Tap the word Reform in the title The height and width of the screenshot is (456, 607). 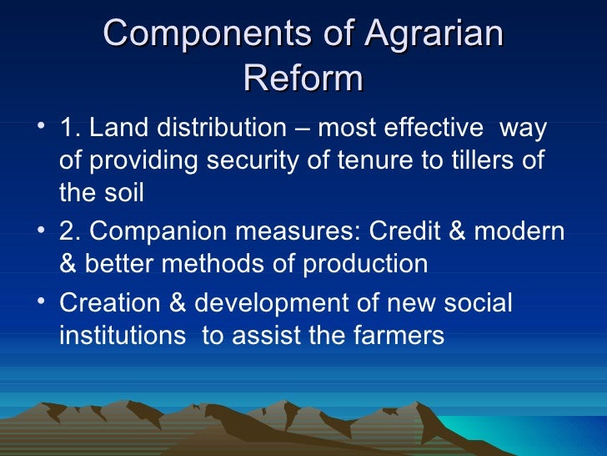point(303,79)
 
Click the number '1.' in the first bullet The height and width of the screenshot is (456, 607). point(70,129)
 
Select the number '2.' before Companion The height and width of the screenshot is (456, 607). point(70,233)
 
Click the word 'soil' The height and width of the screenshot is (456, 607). point(124,193)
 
